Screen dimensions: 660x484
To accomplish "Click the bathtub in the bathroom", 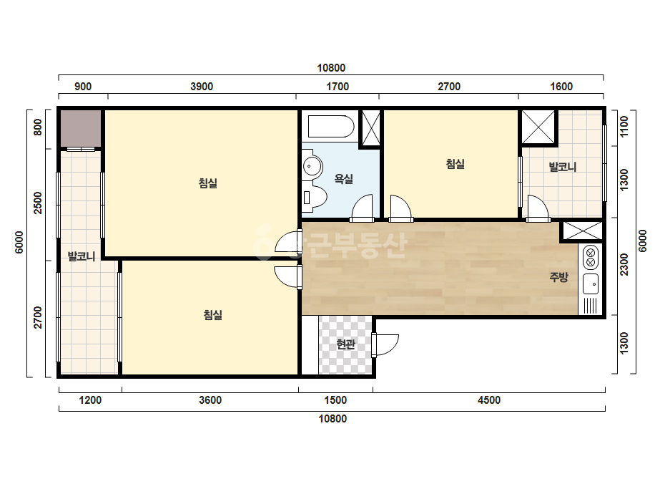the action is [x=331, y=127].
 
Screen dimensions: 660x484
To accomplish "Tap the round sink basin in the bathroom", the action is [x=312, y=166].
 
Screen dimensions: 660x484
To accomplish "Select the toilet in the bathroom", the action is [x=315, y=197].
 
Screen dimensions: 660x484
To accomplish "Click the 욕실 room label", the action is [x=343, y=179].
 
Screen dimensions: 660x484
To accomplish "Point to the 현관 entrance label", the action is [x=345, y=344].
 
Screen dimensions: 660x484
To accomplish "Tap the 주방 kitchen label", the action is [x=558, y=277].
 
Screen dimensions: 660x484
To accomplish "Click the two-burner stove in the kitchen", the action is [x=590, y=257].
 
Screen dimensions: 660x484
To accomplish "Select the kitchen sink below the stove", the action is [x=591, y=284].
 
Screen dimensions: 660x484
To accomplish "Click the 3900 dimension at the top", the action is [x=202, y=87].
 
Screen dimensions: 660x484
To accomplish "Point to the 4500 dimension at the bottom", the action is [x=488, y=400].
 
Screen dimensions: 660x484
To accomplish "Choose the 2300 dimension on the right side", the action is [x=624, y=265].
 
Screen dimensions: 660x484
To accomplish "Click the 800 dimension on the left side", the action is [x=38, y=127].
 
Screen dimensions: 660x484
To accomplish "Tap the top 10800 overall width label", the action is [x=331, y=68].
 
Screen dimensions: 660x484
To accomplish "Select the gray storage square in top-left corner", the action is [x=81, y=129].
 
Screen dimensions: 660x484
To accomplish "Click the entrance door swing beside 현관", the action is [x=386, y=344].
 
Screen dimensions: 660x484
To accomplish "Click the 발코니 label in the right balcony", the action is [x=562, y=167].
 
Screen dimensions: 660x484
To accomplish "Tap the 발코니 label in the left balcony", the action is [x=82, y=256].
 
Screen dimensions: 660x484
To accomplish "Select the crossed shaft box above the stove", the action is [x=583, y=231].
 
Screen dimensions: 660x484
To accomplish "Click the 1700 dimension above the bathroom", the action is [x=338, y=87].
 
